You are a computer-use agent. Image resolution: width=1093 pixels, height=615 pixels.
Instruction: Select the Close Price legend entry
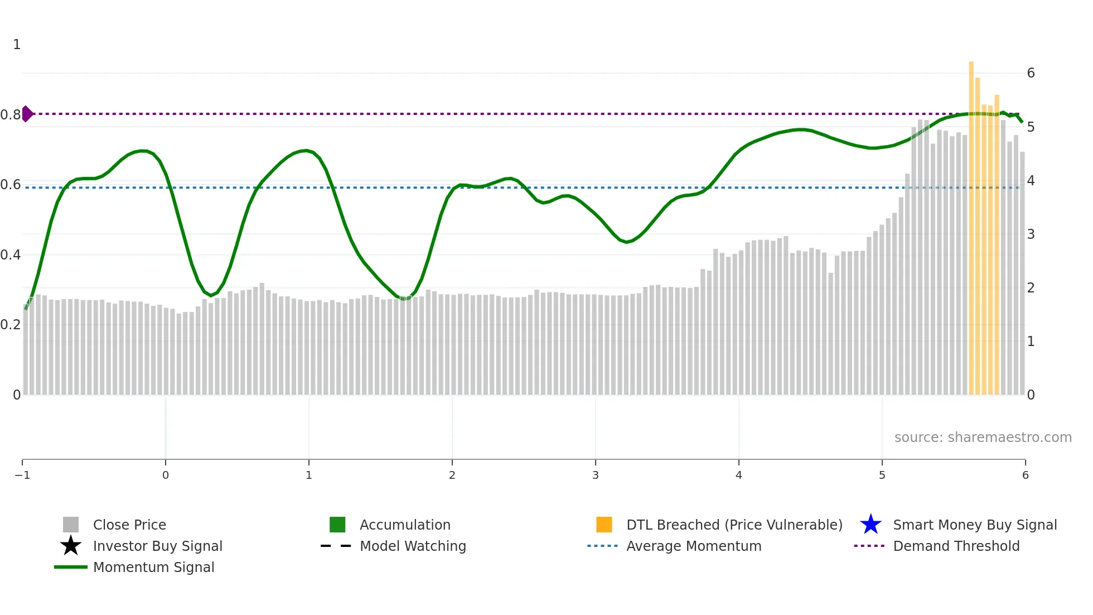coord(129,525)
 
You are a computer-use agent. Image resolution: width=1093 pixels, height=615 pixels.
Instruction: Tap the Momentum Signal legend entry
coord(153,567)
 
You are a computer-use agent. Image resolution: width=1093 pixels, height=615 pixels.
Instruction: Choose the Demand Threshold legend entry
coord(956,546)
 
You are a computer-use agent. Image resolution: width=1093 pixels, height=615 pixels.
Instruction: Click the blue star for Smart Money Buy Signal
coord(870,525)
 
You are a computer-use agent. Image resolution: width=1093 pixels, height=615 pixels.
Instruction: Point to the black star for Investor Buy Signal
coord(71,546)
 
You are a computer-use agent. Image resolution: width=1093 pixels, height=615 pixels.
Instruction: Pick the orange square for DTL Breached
coord(604,525)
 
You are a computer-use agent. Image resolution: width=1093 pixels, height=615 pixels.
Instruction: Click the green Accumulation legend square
coord(337,525)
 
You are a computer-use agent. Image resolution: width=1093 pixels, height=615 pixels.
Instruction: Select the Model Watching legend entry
coord(413,546)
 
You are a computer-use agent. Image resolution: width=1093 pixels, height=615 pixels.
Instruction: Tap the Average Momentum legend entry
coord(694,546)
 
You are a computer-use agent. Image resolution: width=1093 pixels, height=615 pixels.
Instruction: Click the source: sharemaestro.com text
coord(983,438)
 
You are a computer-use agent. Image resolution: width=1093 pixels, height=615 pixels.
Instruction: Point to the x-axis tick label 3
coord(596,475)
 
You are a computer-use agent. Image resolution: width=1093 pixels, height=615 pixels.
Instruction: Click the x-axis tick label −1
coord(22,475)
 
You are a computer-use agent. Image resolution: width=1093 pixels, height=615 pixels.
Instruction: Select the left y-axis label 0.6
coord(11,185)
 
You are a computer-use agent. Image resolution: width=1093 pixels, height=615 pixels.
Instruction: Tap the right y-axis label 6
coord(1031,73)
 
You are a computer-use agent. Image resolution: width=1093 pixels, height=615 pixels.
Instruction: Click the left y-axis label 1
coord(17,45)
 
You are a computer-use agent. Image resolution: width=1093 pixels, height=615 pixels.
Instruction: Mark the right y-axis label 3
coord(1031,234)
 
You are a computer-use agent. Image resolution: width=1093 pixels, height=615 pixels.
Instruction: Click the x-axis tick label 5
coord(882,475)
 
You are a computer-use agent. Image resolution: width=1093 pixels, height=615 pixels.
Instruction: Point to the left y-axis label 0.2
coord(11,325)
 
